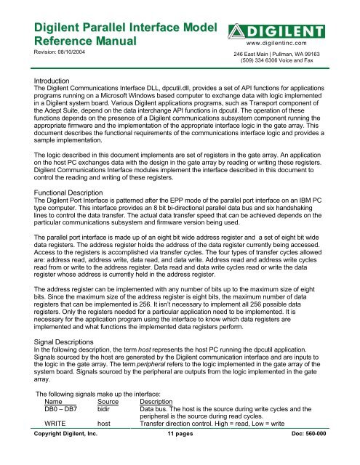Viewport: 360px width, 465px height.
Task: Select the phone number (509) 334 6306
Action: point(266,62)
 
